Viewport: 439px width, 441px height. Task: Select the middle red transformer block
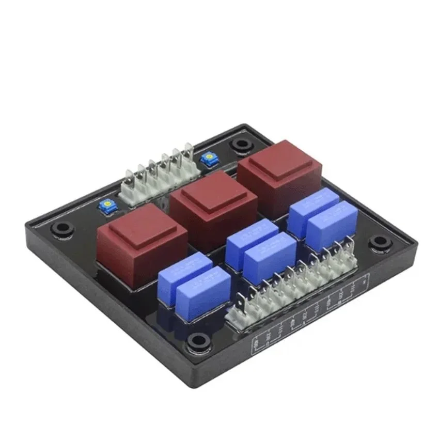(x=213, y=201)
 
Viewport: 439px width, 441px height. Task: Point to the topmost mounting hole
(x=241, y=144)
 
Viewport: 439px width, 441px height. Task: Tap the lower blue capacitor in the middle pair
(x=270, y=256)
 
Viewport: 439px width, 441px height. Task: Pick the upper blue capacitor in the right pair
(x=313, y=206)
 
